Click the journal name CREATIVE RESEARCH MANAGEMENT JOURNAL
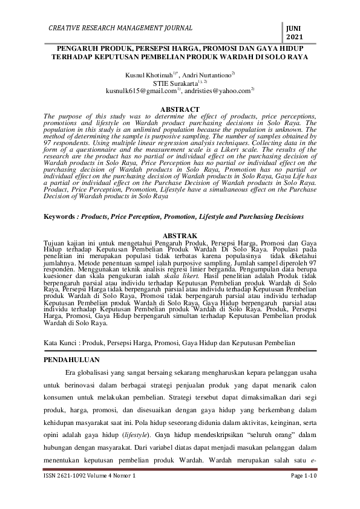[x=120, y=28]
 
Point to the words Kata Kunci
[x=64, y=343]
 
